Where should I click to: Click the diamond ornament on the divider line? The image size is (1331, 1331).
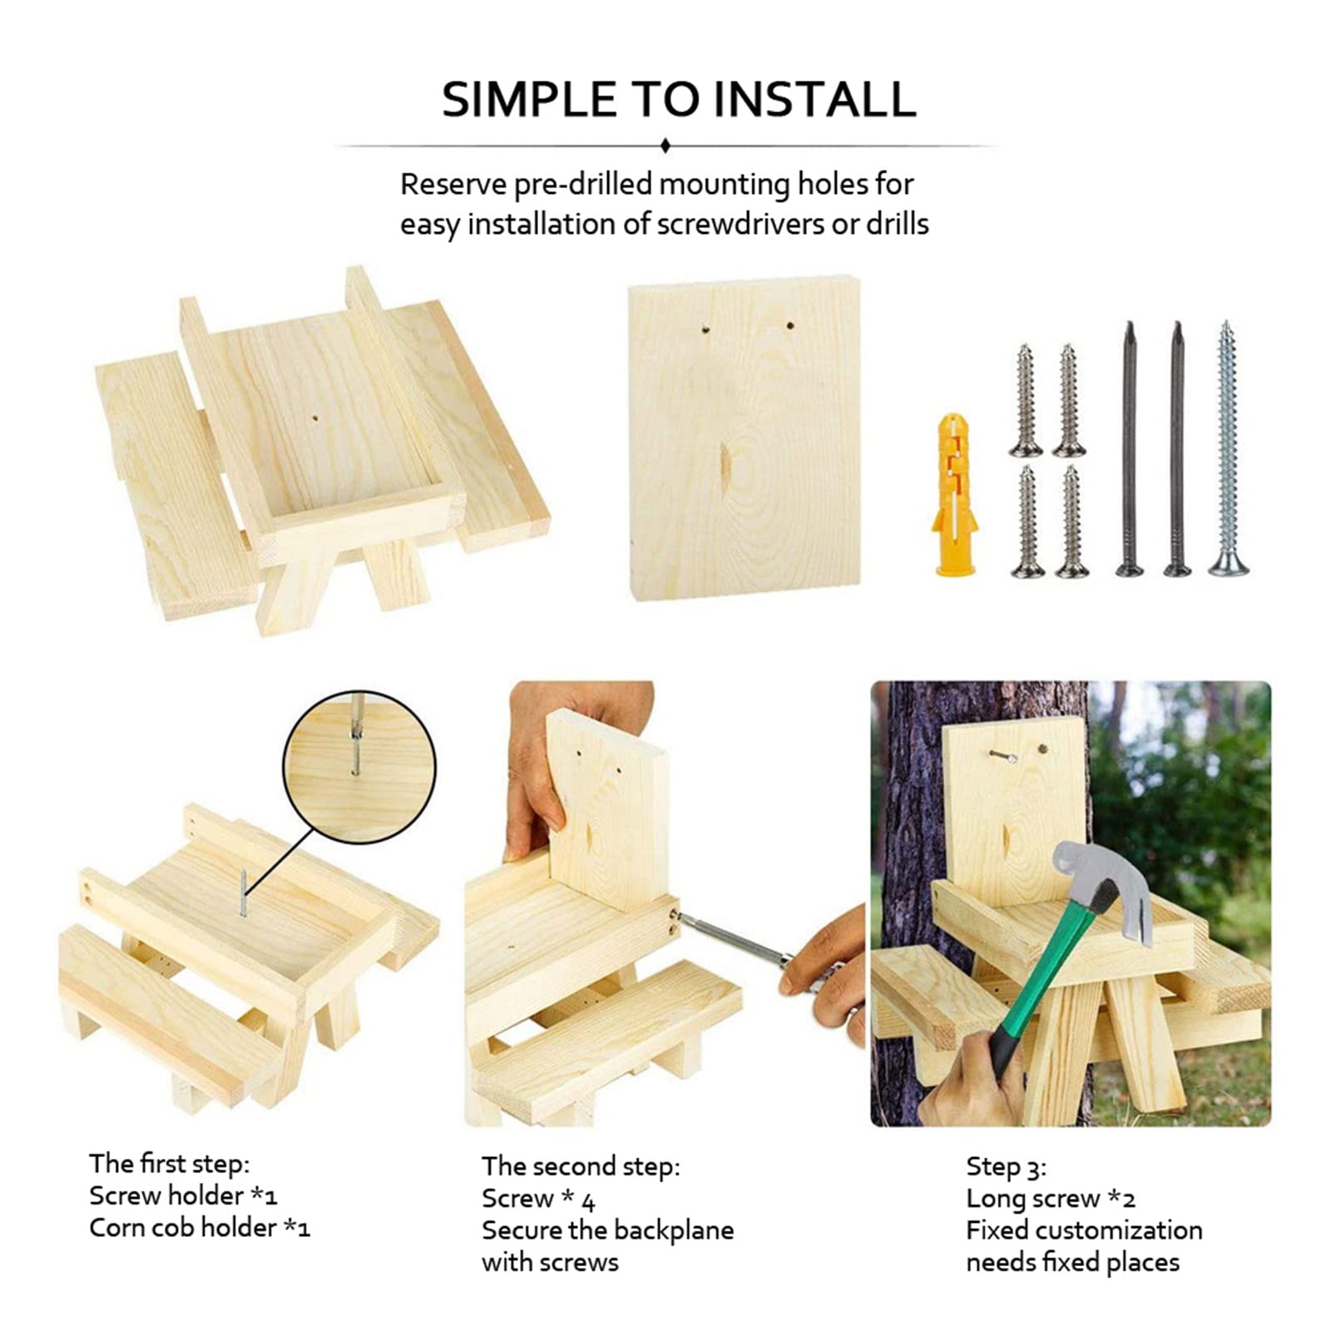pos(665,146)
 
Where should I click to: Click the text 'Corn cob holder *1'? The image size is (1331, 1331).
pos(200,1228)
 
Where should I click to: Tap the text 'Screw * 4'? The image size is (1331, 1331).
pos(538,1199)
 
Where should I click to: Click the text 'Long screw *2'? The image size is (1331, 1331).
pos(1051,1199)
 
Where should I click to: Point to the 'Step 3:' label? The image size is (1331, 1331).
pos(1006,1166)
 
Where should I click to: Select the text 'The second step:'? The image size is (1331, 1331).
pos(581,1166)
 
